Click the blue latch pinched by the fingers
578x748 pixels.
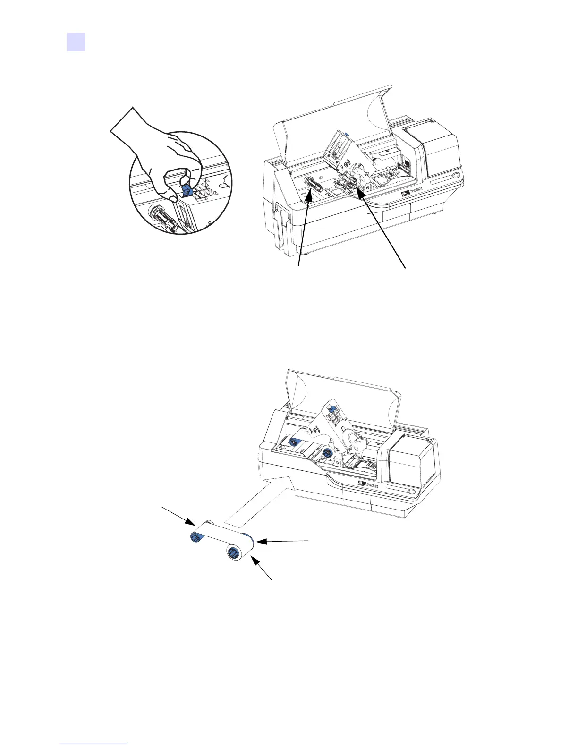pos(187,190)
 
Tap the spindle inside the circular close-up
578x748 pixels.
pos(161,219)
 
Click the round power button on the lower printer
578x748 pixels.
pos(411,492)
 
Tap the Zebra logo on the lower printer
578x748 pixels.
pos(362,483)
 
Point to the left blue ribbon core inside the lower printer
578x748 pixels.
pos(293,442)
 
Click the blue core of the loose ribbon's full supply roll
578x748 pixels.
pos(233,553)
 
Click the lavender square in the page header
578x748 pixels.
pos(76,42)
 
